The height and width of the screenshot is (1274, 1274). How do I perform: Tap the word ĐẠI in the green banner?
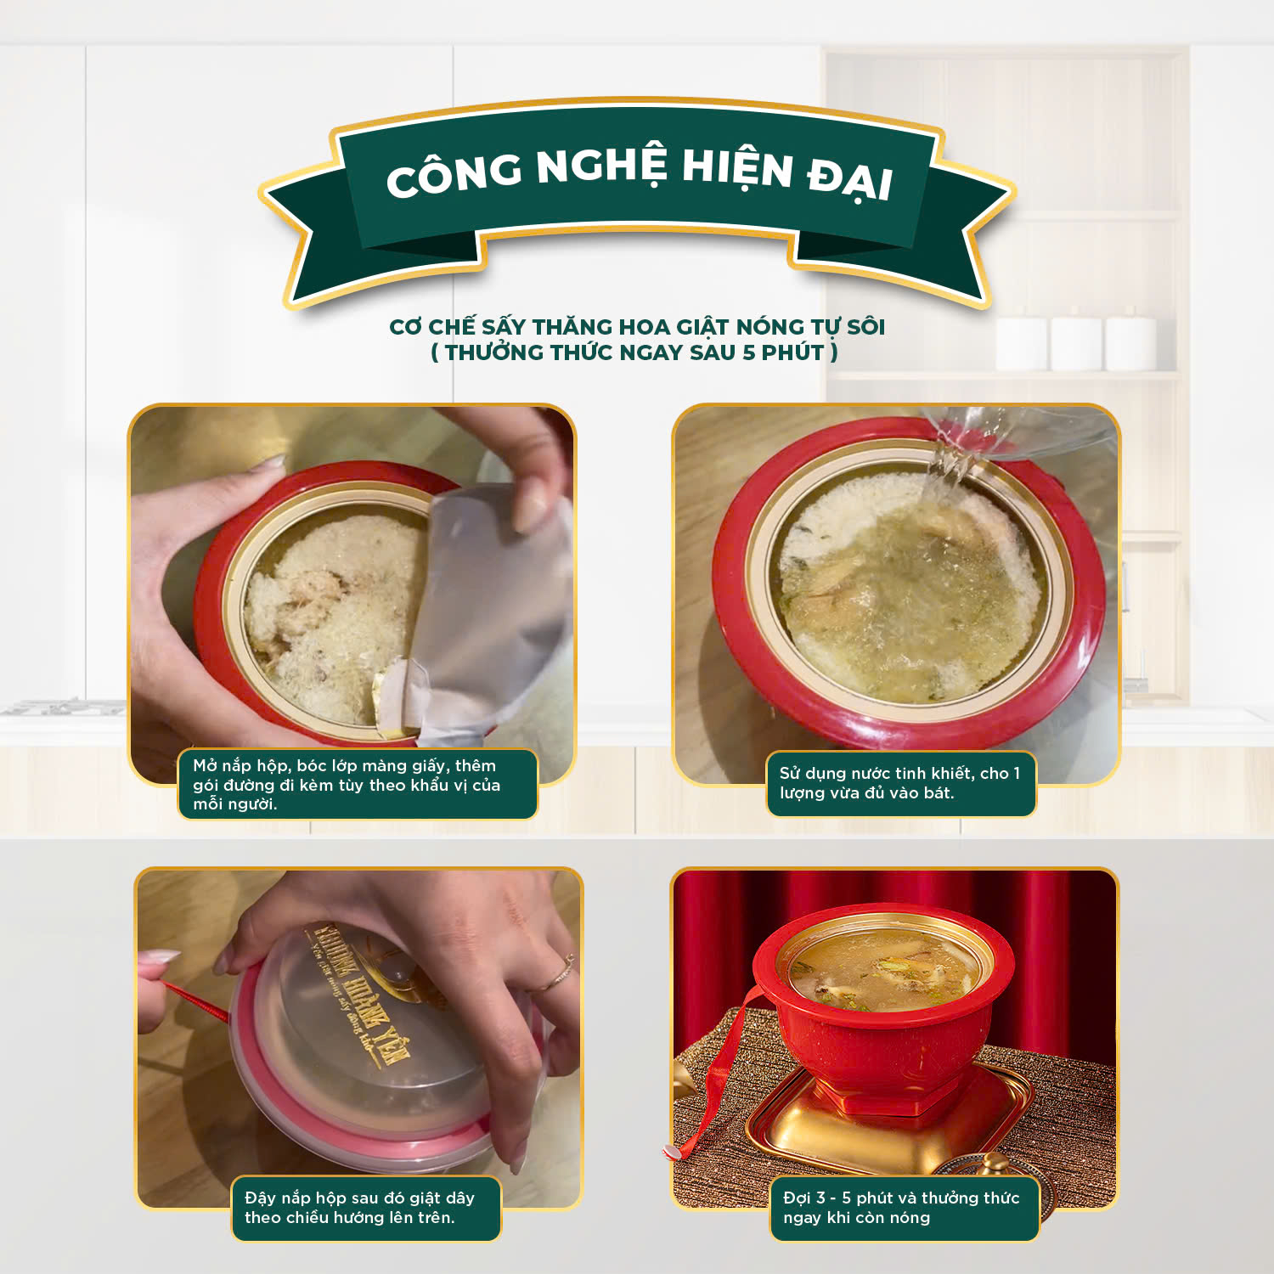pos(849,180)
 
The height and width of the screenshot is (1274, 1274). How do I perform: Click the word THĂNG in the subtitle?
pos(572,327)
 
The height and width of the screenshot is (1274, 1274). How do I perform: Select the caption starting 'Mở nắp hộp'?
pos(357,784)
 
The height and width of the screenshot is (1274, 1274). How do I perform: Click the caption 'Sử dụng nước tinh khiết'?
pos(900,783)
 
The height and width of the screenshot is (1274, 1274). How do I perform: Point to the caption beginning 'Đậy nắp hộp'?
pos(365,1207)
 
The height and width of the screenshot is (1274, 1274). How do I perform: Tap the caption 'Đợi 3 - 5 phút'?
pos(904,1207)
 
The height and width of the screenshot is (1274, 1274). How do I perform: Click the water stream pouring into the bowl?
pos(951,463)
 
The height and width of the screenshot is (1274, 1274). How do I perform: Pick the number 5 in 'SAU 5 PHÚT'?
pos(748,352)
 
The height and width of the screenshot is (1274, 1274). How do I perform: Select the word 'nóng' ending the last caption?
pos(909,1219)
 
